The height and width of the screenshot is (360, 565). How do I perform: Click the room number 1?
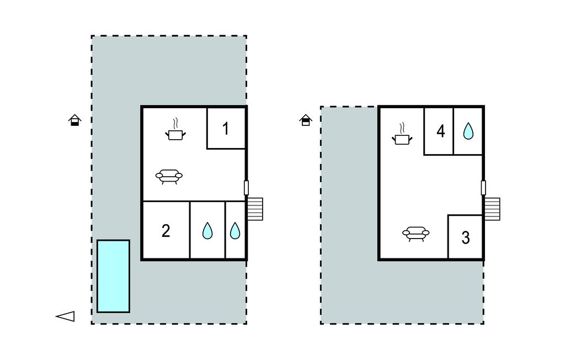pos(226,129)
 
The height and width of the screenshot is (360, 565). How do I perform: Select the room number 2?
pos(166,231)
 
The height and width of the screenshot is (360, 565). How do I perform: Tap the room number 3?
pos(465,238)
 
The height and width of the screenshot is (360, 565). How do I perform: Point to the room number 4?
pos(440,131)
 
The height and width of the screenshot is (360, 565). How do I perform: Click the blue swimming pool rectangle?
pos(113,276)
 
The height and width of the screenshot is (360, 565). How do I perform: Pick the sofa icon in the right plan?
pos(415,234)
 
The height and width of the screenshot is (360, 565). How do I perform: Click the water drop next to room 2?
pos(207,231)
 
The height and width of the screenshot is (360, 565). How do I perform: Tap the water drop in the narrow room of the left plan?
pos(235,231)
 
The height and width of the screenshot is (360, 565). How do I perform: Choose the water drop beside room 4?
pos(468,131)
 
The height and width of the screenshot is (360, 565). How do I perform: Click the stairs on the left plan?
pos(255,209)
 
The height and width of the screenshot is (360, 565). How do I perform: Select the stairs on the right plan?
pos(492,209)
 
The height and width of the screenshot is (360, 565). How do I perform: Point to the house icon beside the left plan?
pos(75,120)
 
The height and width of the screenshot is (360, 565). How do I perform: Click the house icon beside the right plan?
pos(306,120)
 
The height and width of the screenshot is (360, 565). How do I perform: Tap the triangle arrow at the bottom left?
pos(66,316)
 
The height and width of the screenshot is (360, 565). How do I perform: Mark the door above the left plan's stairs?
pos(246,188)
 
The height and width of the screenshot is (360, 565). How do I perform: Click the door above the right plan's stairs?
pos(483,188)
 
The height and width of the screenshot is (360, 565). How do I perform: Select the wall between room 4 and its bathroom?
pos(453,131)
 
